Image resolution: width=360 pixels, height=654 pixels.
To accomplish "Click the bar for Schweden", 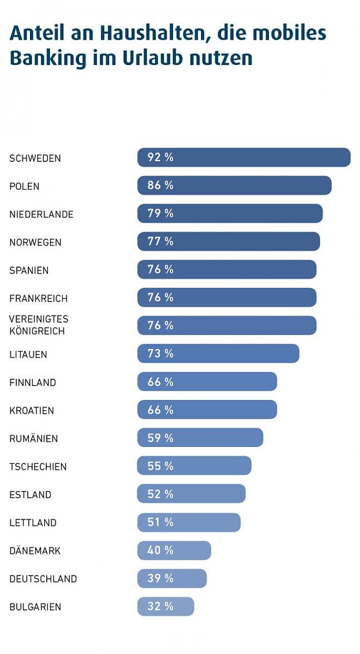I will [243, 158].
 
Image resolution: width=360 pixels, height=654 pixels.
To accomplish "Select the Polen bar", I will [234, 185].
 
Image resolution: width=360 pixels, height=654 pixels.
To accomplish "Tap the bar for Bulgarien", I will [166, 607].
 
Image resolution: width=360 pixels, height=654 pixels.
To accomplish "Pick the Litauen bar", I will [218, 354].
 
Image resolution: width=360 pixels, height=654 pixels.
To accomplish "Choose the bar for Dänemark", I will [174, 550].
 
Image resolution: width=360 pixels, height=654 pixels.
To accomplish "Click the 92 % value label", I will [160, 158].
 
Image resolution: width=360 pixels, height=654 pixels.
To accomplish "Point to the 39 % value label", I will [160, 578].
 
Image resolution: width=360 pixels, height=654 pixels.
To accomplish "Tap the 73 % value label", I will [160, 354].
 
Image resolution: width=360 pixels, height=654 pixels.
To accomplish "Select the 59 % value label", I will [160, 438].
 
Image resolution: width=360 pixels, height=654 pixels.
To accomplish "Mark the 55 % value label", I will [160, 466].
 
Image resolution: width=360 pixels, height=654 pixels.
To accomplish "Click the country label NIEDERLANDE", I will [41, 215].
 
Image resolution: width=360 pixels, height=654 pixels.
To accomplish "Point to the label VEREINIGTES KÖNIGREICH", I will [39, 325].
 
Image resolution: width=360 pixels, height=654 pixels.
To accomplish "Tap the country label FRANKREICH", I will [39, 299].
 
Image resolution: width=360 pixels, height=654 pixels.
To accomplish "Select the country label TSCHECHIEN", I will [38, 467].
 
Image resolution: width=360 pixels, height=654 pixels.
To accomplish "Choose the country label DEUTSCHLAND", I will [43, 579].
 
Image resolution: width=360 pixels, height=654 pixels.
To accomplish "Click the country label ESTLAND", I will [30, 495].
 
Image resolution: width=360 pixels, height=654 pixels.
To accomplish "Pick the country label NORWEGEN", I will [35, 243].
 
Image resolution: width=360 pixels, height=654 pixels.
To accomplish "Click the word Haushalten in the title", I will [144, 34].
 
